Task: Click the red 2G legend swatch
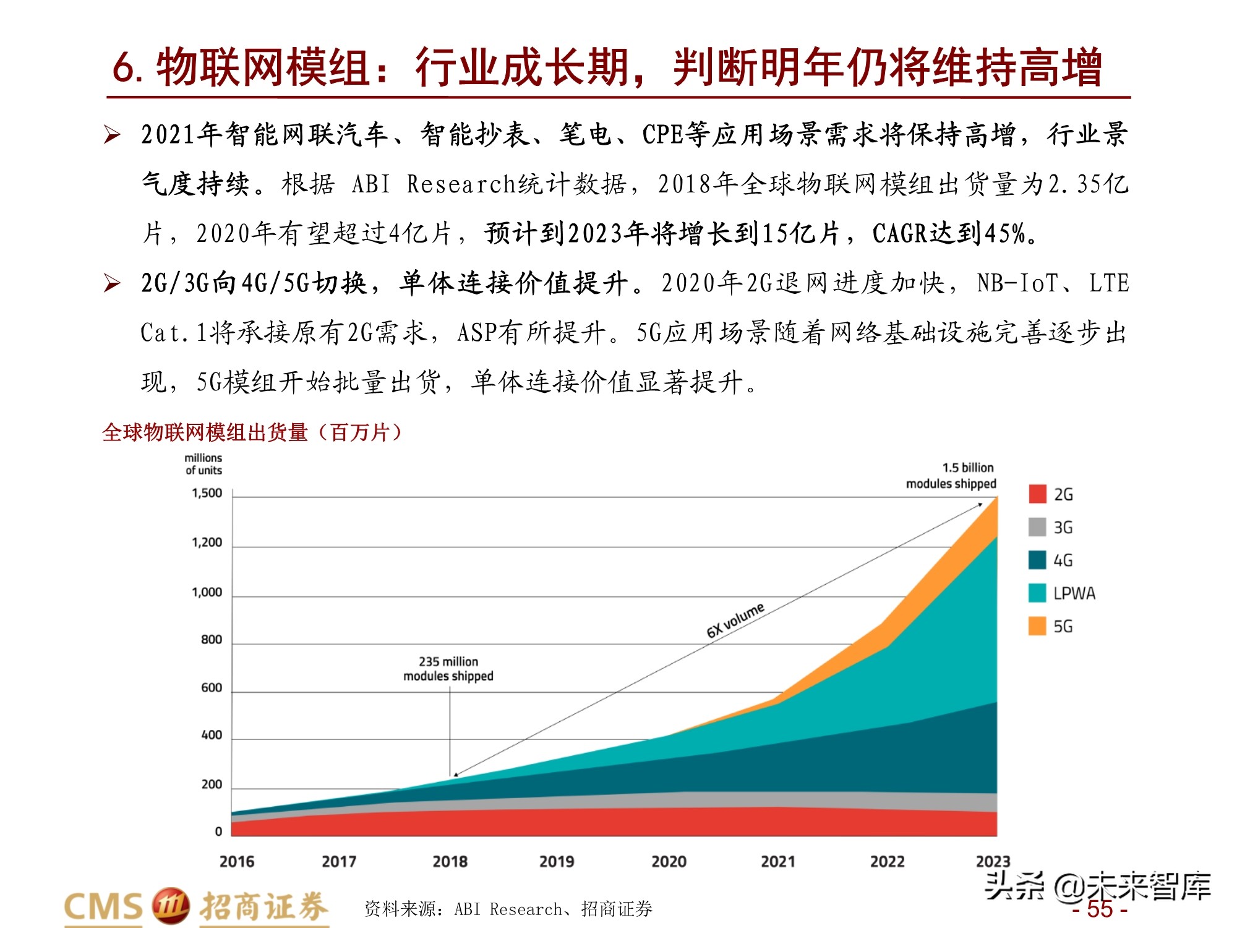coord(1037,494)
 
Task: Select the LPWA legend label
coord(1074,593)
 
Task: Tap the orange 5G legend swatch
coord(1037,626)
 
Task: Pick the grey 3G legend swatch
coord(1037,527)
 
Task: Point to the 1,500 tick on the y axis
coord(207,493)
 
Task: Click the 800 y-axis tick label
coord(211,640)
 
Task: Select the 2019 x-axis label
coord(557,861)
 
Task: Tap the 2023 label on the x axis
coord(993,861)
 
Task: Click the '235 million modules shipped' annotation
coord(448,669)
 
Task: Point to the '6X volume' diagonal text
coord(735,620)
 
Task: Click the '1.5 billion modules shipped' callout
coord(951,476)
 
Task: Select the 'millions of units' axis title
coord(203,464)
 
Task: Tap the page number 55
coord(1100,909)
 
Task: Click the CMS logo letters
coord(103,908)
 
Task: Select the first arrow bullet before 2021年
coord(112,134)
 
